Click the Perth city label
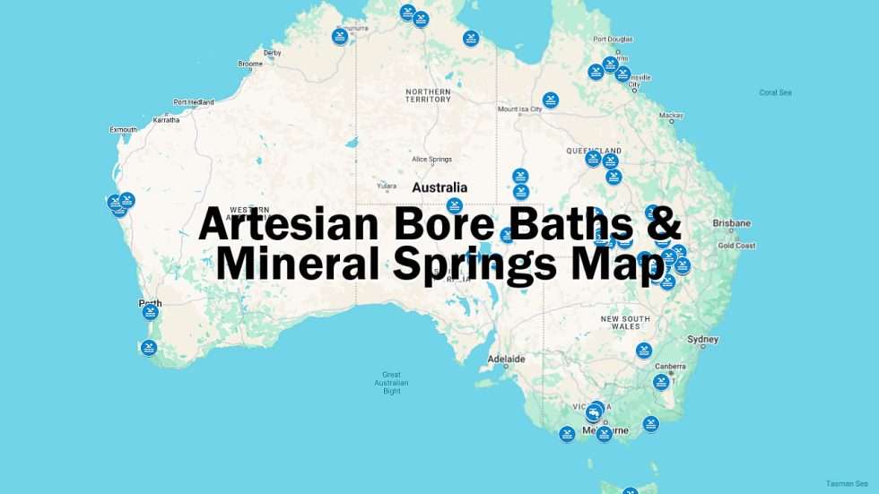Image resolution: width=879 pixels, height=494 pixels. coord(150,304)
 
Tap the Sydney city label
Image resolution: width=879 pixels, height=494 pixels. coord(702,340)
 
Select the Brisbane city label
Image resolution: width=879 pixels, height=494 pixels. coord(731,223)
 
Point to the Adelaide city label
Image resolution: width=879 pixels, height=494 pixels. coord(506,360)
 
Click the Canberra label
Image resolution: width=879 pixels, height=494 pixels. coord(670,366)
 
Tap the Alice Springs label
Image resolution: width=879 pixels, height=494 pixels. coord(431,160)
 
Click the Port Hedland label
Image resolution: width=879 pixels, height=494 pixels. coord(194,102)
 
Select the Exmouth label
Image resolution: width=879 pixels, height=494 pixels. coord(123,130)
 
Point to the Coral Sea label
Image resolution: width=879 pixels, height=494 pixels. coord(775,92)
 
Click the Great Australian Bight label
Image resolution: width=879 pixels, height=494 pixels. coord(391,383)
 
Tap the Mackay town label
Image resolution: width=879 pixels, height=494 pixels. coord(671,116)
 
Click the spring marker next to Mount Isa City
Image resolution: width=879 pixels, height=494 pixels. coord(551,100)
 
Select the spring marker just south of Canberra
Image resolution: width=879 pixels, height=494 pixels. coord(661,382)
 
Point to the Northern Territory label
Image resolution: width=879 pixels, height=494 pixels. coord(428,95)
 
